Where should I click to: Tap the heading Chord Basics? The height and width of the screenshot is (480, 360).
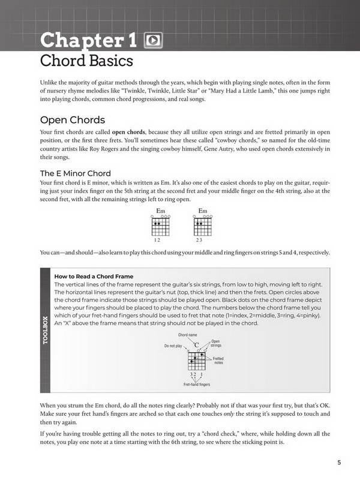(86, 61)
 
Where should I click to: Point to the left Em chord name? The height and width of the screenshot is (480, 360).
(160, 211)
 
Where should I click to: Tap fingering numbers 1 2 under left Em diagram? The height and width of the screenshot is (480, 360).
(158, 239)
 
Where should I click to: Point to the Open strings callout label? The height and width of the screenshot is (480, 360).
(216, 344)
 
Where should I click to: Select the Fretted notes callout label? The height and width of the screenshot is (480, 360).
(218, 361)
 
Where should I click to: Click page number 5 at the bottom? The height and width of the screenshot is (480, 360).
(339, 462)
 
